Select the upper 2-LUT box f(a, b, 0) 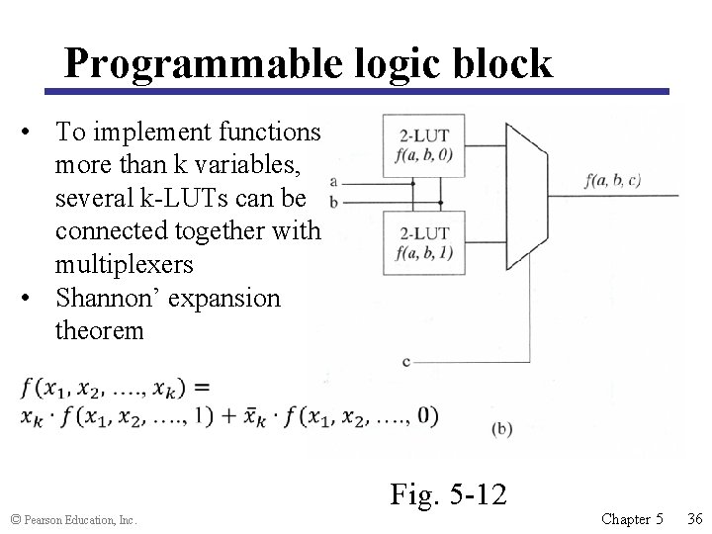[424, 145]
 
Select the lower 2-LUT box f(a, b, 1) [424, 242]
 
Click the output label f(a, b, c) [612, 180]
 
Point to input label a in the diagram [333, 181]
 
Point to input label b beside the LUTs [333, 202]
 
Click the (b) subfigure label [502, 428]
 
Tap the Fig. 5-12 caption [448, 492]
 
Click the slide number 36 [694, 518]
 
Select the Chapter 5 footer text [632, 518]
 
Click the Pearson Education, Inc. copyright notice [72, 519]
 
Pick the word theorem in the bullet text [100, 330]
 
